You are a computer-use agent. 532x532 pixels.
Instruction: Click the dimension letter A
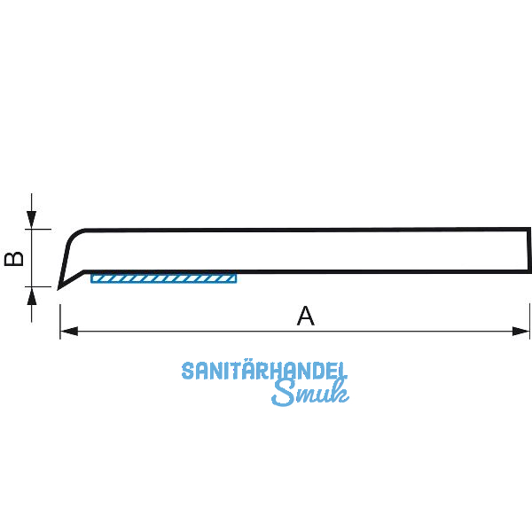(x=305, y=316)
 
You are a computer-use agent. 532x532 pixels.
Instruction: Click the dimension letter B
(x=13, y=258)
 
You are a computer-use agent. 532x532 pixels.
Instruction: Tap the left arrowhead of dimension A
(x=66, y=332)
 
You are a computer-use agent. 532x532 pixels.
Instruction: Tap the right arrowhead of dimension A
(x=523, y=332)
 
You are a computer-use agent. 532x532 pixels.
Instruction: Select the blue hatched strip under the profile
(x=164, y=278)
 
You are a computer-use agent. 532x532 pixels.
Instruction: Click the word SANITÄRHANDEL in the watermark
(x=264, y=372)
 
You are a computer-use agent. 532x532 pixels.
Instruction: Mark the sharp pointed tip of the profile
(x=59, y=287)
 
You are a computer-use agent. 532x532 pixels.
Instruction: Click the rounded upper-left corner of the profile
(x=74, y=234)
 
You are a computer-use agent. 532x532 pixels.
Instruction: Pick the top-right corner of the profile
(x=528, y=230)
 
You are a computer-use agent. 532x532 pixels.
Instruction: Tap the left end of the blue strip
(x=93, y=278)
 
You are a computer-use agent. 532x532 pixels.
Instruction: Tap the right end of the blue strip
(x=236, y=278)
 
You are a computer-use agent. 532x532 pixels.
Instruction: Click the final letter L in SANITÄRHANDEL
(x=341, y=372)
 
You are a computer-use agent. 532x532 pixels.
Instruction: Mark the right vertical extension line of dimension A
(x=529, y=319)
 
